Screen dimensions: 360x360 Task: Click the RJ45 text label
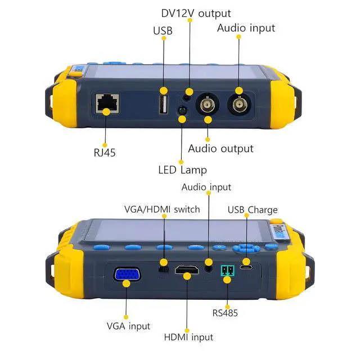(105, 152)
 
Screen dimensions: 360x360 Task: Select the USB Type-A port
(164, 104)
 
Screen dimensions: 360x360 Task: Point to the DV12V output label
(196, 12)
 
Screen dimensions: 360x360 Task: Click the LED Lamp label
(182, 169)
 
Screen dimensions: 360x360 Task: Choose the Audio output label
(220, 148)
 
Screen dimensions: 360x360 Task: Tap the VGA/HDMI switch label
(162, 209)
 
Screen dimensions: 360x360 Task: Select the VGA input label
(128, 326)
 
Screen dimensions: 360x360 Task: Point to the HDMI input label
(188, 337)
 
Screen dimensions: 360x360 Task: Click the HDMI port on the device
(186, 272)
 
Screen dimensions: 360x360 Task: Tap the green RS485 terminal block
(227, 272)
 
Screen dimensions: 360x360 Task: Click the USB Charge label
(253, 210)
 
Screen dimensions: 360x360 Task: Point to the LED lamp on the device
(182, 110)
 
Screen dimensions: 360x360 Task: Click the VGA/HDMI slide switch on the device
(164, 268)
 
